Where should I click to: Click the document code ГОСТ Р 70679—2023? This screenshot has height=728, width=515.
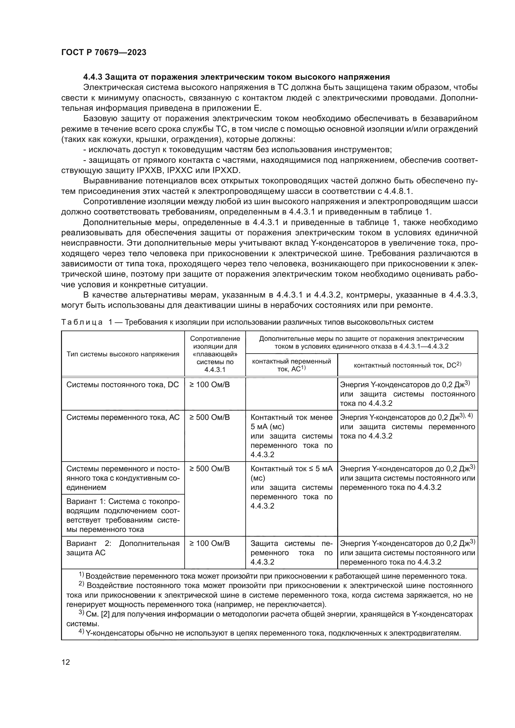click(x=104, y=52)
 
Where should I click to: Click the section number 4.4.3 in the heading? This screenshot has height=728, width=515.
click(x=92, y=77)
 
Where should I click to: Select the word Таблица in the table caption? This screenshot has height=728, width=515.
click(x=82, y=322)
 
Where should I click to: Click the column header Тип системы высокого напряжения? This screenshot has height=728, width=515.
click(x=123, y=354)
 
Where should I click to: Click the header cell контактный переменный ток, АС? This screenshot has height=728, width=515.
click(x=291, y=365)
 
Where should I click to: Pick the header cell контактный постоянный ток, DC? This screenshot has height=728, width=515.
click(x=407, y=365)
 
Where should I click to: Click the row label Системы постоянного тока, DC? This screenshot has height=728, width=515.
click(x=122, y=385)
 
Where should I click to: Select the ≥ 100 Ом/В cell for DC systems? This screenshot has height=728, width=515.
click(x=210, y=385)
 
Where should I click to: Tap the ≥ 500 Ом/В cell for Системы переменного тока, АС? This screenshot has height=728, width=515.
click(x=210, y=418)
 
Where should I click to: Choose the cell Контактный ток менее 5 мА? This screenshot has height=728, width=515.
click(x=291, y=422)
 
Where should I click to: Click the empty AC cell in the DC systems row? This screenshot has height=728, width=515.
click(x=291, y=393)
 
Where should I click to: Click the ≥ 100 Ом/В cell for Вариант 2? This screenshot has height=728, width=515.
click(x=210, y=544)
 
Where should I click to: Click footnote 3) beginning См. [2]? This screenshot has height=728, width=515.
click(x=270, y=614)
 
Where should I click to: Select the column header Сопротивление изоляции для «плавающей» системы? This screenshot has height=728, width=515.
click(x=215, y=354)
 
